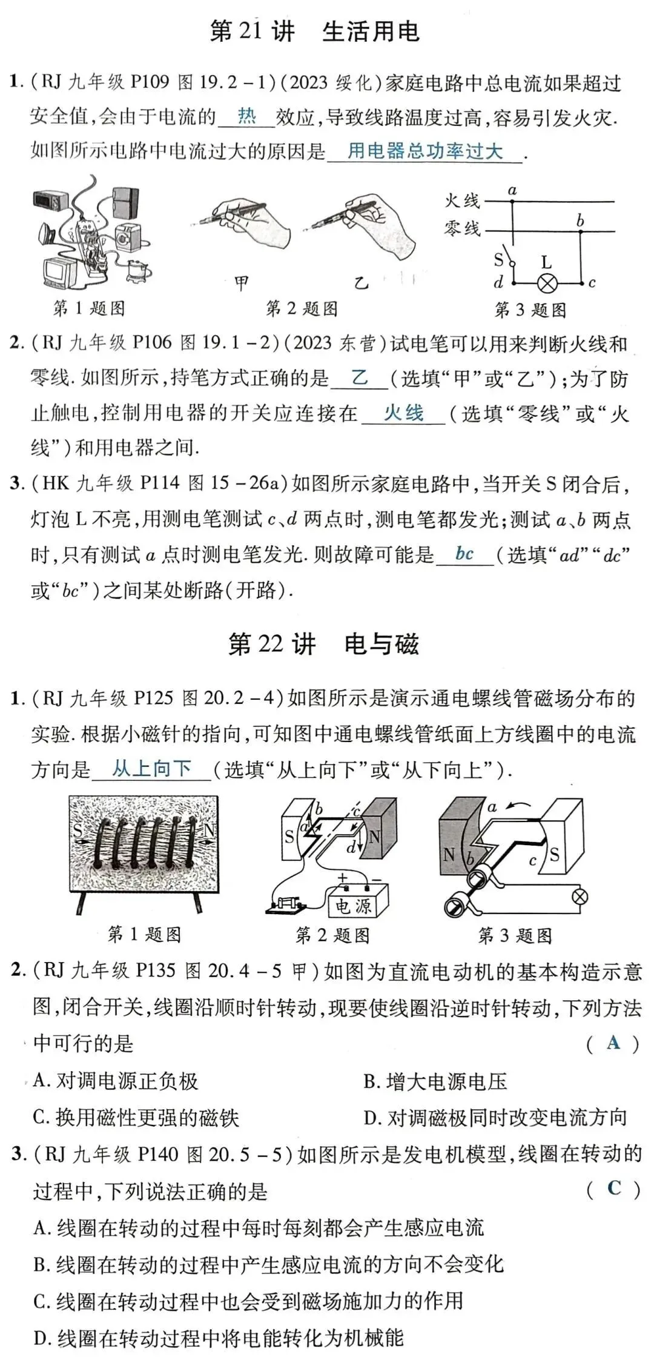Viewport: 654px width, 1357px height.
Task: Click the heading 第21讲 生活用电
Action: tap(314, 32)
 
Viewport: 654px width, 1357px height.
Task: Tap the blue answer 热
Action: tap(246, 116)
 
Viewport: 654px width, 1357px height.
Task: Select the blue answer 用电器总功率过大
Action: tap(424, 151)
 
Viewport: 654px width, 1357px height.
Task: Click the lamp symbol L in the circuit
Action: tap(549, 283)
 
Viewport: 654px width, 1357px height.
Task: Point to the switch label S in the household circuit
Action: tap(498, 260)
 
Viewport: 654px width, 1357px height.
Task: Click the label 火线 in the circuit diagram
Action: tap(462, 201)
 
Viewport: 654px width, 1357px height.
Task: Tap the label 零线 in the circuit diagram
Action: tap(462, 229)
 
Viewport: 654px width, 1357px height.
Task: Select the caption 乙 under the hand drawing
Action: tap(362, 282)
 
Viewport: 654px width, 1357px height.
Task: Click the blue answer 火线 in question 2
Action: tap(403, 413)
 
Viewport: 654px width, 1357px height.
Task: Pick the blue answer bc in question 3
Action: tap(464, 554)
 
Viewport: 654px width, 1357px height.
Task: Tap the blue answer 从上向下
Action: tap(151, 769)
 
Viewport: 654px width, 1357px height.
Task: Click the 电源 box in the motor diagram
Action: tap(354, 906)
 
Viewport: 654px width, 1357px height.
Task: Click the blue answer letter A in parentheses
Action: tap(613, 1042)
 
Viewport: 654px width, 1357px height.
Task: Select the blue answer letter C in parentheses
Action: tap(613, 1188)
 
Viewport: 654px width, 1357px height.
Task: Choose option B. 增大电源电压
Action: tap(435, 1081)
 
